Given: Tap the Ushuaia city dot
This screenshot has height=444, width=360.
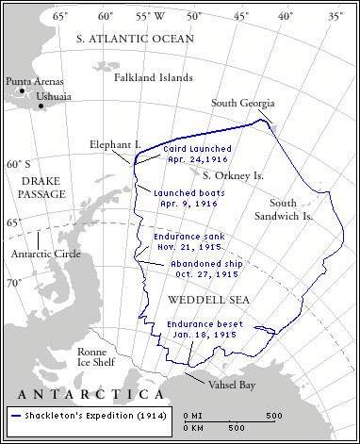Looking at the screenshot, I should (42, 106).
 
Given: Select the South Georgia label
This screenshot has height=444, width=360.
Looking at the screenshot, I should (244, 103).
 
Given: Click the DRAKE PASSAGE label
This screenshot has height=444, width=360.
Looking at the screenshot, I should (42, 187).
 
